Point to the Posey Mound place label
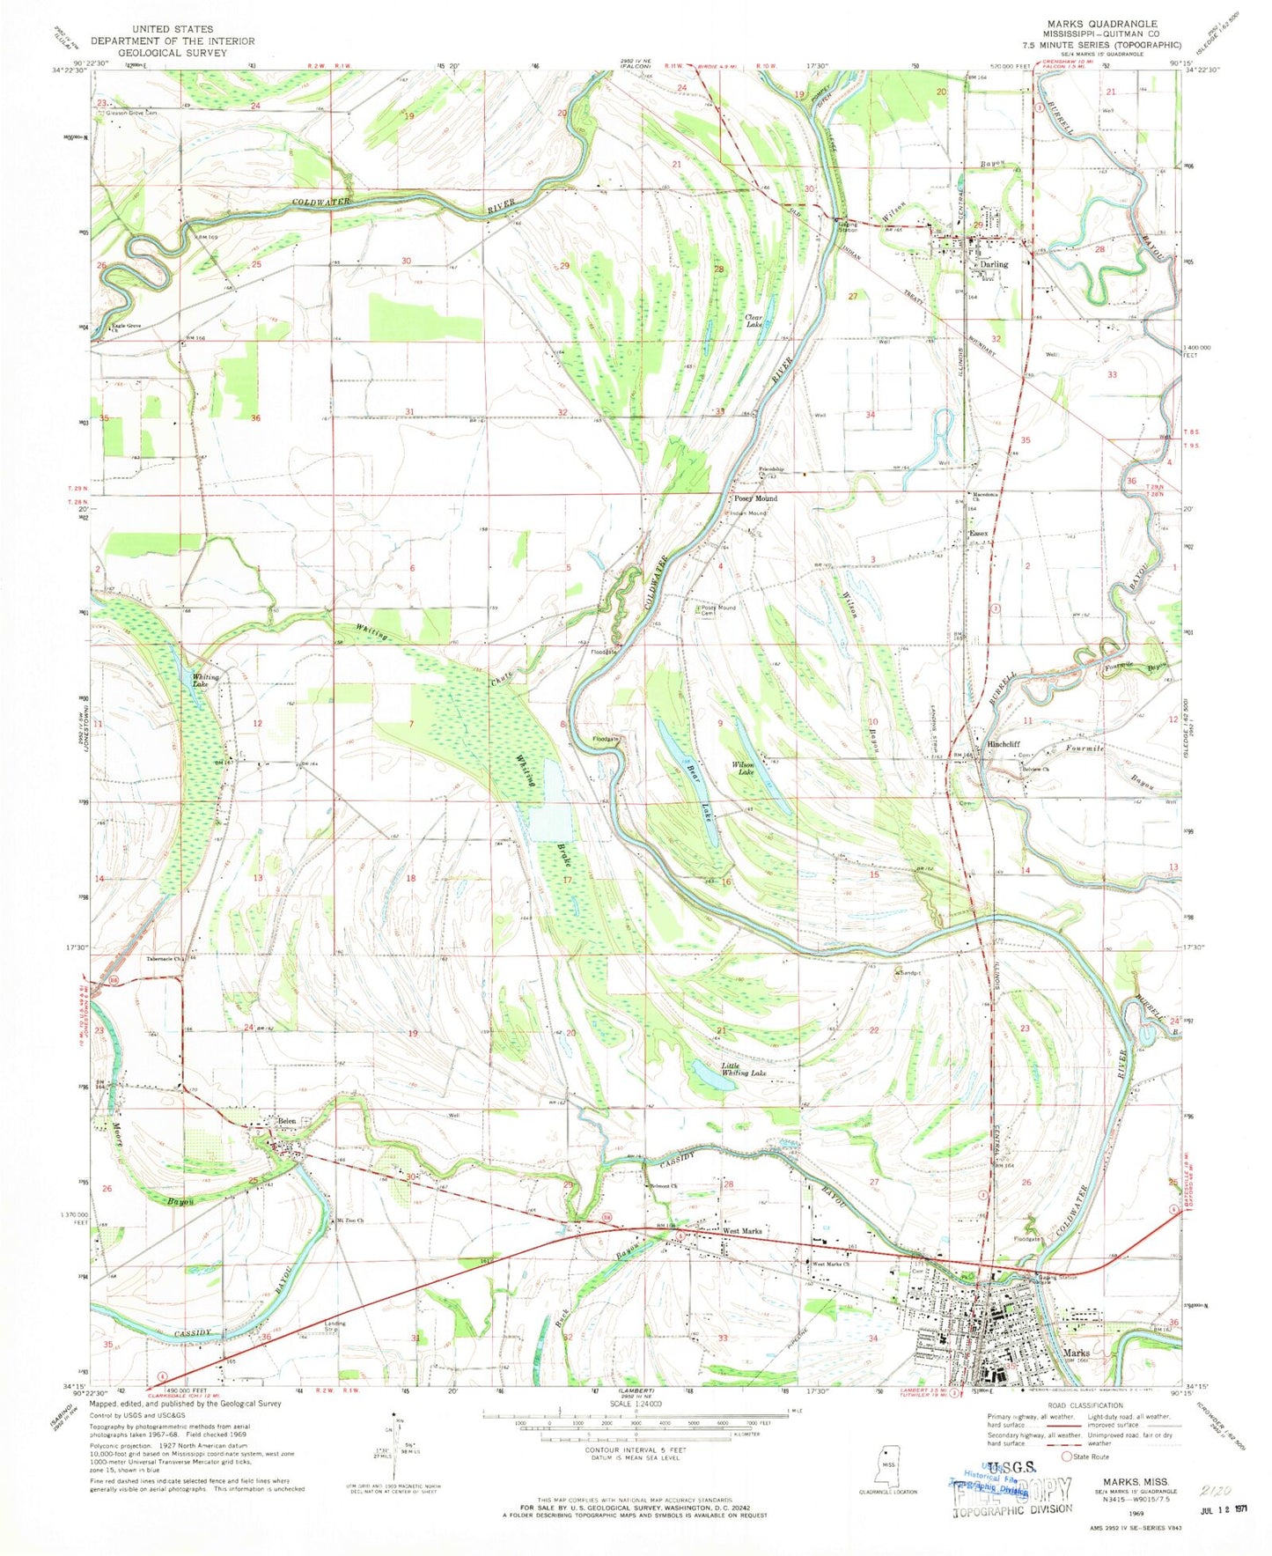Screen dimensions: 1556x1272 756,498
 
